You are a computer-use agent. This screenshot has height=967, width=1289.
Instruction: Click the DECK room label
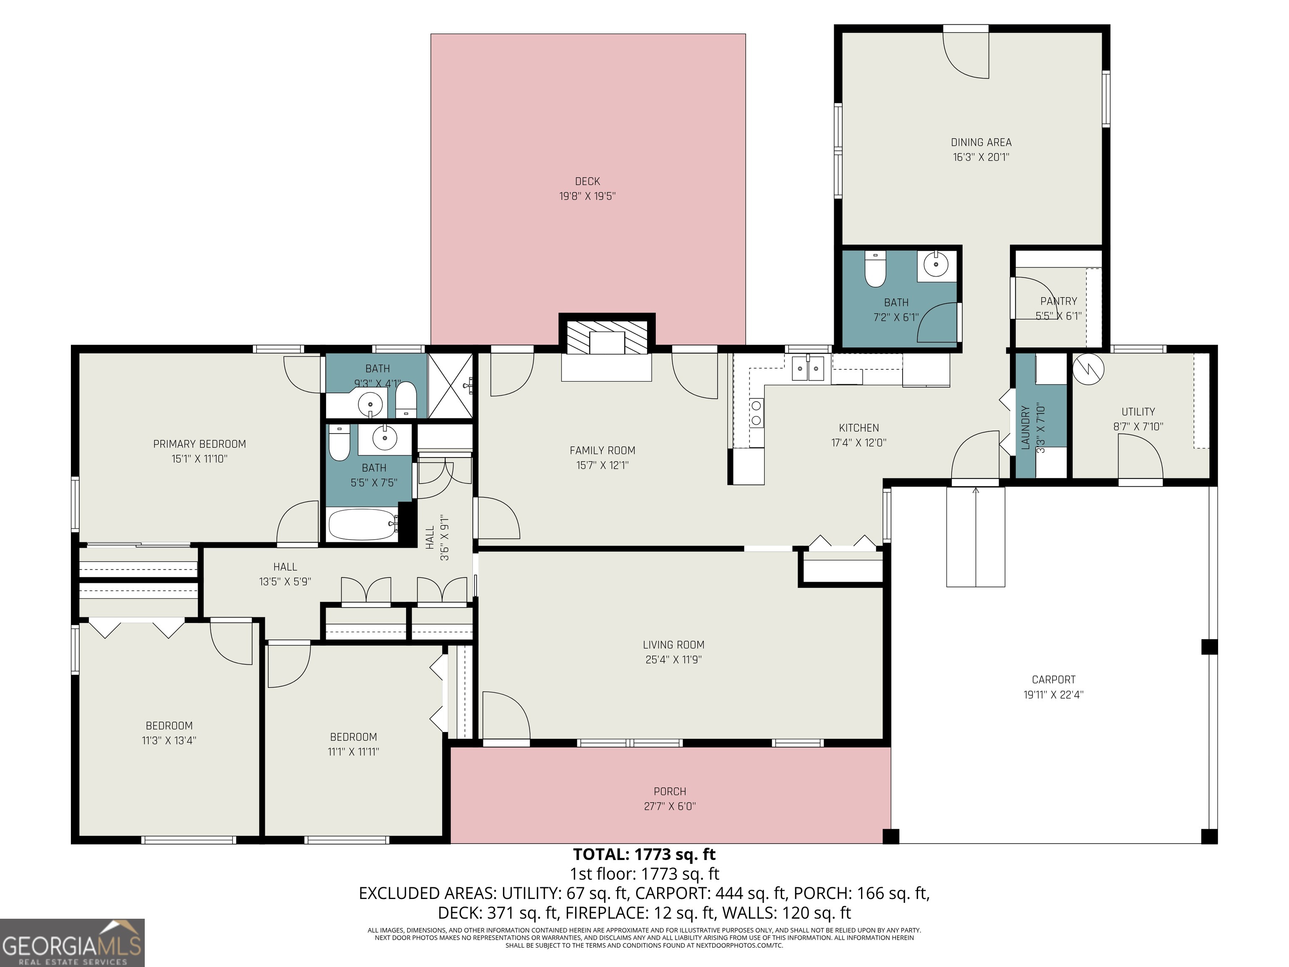pos(587,181)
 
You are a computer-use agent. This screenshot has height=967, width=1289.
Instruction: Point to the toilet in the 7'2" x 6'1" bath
pos(875,269)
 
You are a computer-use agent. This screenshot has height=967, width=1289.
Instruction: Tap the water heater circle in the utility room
pos(1088,369)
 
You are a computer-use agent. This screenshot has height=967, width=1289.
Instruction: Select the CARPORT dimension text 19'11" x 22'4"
pos(1053,694)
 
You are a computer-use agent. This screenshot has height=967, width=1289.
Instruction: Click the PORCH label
pos(670,791)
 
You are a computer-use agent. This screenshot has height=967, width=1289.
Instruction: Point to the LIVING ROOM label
pos(673,645)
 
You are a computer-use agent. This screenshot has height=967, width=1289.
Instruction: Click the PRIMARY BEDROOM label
pos(199,444)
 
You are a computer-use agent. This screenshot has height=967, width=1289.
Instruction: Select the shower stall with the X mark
pos(450,385)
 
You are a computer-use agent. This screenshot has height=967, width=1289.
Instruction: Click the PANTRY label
pos(1058,301)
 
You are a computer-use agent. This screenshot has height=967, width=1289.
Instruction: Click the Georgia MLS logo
pos(72,943)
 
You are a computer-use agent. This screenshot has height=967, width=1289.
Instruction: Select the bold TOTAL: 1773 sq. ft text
pos(644,855)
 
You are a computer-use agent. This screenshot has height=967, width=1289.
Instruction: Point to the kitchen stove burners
pos(757,413)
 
